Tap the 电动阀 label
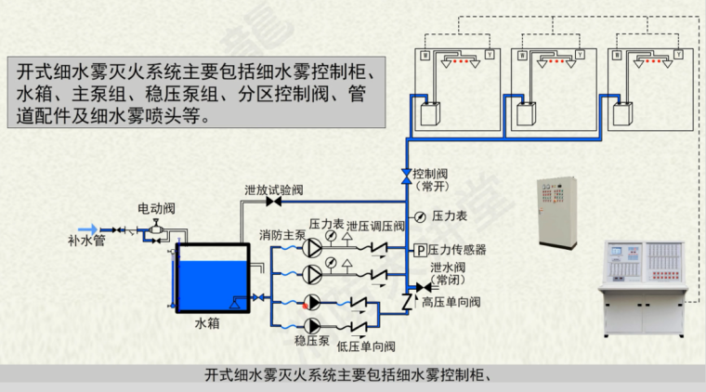point(156,208)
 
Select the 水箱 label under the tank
point(206,324)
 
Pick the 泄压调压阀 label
point(376,226)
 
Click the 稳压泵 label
point(312,341)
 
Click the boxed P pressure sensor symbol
point(419,250)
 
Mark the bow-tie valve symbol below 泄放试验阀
point(274,202)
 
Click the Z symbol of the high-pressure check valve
point(406,301)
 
